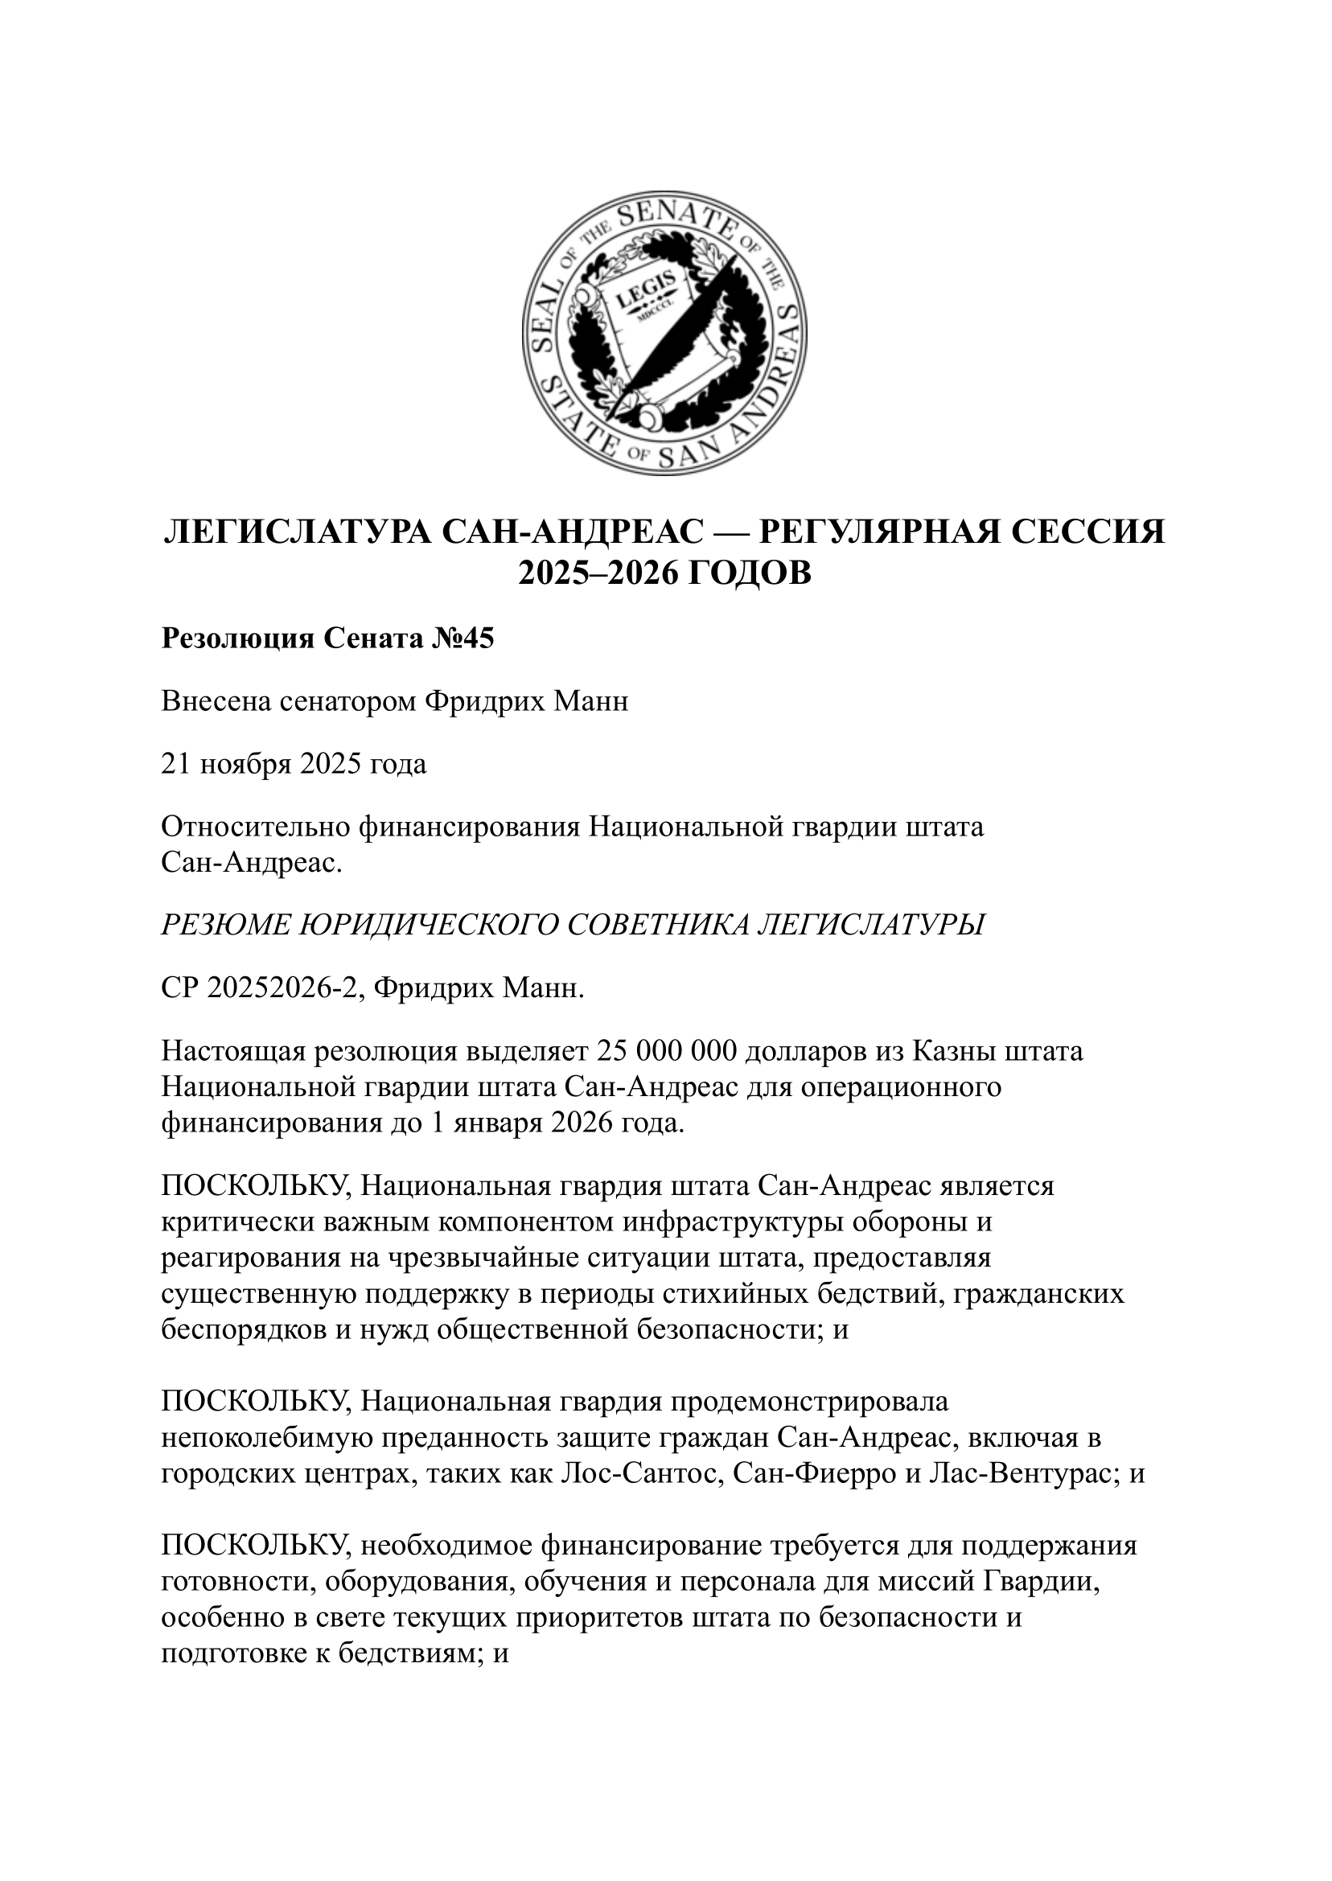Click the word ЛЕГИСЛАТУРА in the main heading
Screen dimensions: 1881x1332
pyautogui.click(x=296, y=532)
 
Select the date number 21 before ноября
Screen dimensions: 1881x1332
pyautogui.click(x=175, y=764)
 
